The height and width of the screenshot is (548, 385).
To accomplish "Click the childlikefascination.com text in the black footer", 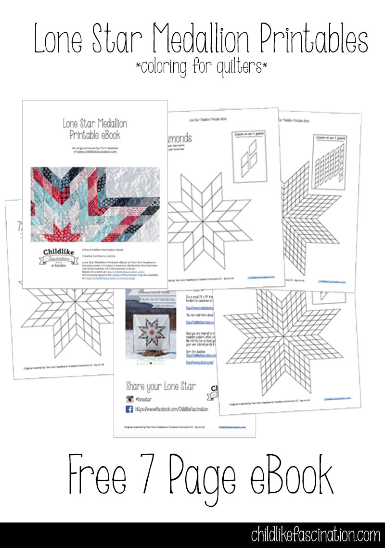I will click(x=315, y=535).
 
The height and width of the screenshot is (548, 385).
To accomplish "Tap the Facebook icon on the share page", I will click(x=129, y=409).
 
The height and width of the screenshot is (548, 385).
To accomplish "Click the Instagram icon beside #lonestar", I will click(x=129, y=398).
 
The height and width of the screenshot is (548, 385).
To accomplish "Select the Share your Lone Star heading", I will click(x=161, y=386).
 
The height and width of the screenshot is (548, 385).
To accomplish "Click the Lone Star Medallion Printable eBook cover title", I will click(x=95, y=129).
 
